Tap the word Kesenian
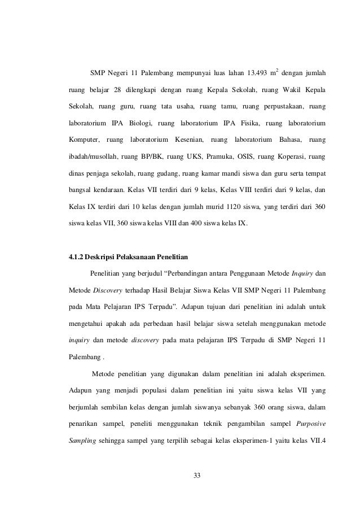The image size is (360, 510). (x=186, y=139)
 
